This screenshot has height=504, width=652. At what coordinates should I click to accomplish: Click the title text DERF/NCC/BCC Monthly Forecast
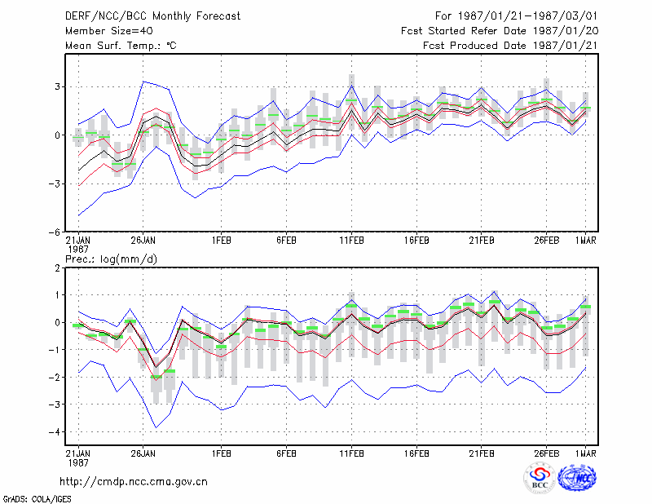click(152, 16)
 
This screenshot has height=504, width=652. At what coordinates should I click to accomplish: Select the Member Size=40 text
click(109, 31)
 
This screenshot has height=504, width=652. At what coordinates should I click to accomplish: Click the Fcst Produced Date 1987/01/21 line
click(510, 46)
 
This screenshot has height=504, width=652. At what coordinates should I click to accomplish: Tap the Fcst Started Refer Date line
click(500, 31)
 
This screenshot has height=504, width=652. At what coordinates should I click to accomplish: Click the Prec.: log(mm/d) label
click(111, 259)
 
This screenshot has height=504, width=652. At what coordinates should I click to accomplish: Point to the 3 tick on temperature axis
click(57, 86)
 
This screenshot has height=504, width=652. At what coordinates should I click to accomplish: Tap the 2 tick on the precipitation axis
click(57, 268)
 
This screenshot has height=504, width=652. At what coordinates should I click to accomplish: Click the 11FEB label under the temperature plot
click(352, 241)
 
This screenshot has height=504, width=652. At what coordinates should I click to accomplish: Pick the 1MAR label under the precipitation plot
click(586, 453)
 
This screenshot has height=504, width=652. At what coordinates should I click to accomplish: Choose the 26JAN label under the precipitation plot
click(143, 453)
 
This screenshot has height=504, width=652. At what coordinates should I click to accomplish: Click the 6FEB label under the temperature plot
click(287, 241)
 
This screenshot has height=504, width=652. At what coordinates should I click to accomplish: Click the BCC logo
click(540, 478)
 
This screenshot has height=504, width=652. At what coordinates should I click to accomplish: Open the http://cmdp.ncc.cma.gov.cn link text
click(134, 482)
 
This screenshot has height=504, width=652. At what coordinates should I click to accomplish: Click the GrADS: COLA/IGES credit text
click(37, 499)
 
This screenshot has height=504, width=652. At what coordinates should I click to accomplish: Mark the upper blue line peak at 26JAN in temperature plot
click(143, 82)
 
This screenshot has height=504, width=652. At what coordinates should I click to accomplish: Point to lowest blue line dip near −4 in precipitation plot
click(156, 427)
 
